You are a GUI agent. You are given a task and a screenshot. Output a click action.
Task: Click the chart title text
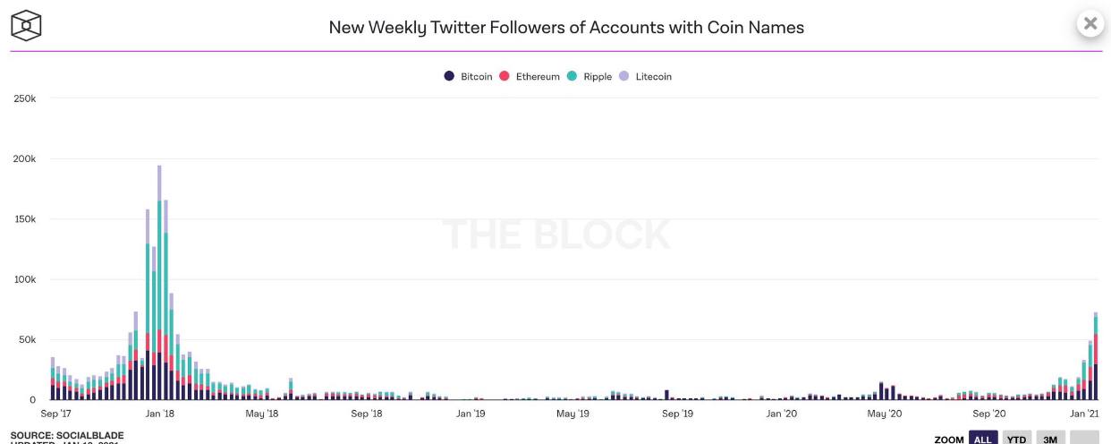coord(566,28)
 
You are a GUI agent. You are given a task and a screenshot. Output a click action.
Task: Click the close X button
coord(1090,24)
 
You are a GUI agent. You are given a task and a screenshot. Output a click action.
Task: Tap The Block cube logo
coord(27,25)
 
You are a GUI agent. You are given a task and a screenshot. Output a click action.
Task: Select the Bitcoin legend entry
coord(469,77)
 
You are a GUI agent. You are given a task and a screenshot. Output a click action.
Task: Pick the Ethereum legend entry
coord(530,77)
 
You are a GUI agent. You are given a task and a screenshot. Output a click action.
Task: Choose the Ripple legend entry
coord(590,77)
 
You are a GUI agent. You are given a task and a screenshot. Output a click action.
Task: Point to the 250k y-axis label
coord(24,98)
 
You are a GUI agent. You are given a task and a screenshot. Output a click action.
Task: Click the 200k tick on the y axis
coord(24,158)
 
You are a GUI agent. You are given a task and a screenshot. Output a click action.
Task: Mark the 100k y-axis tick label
coord(24,279)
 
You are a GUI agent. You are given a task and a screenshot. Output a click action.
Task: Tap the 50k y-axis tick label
coord(27,340)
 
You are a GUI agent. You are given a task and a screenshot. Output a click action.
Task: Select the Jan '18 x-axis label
coord(159,414)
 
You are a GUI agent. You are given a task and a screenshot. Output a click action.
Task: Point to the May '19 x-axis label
coord(572,414)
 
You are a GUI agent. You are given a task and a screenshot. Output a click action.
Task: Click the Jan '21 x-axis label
coord(1084,414)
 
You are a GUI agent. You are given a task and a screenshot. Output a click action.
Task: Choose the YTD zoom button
coord(1015,439)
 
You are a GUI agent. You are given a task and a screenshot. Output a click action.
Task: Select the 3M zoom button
coord(1050,439)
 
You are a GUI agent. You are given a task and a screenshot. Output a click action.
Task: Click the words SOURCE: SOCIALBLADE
coord(67,435)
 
